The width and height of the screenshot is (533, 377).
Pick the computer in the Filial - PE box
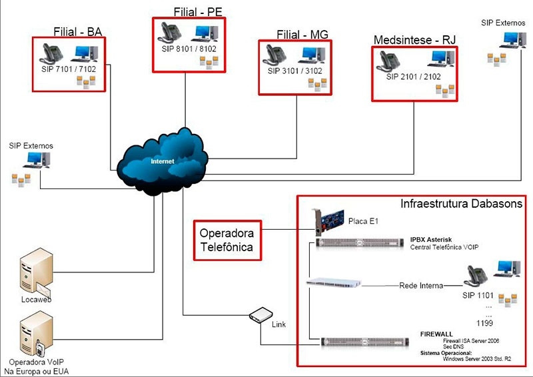coord(206,33)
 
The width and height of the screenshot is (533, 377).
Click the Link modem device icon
coord(261,314)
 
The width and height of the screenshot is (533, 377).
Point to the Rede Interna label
coord(421,286)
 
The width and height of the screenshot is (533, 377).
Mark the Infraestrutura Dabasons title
coord(461,204)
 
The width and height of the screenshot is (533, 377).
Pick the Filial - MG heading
coord(302,35)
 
